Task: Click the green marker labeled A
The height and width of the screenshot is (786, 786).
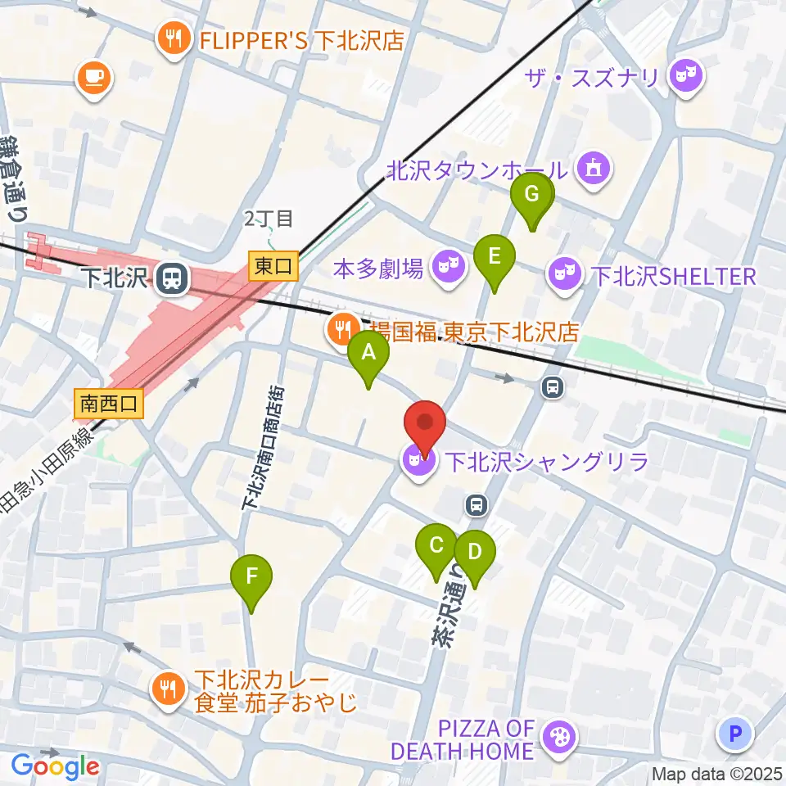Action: tap(368, 355)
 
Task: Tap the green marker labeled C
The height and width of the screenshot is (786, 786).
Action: tap(436, 547)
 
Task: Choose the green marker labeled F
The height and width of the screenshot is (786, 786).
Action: tap(251, 578)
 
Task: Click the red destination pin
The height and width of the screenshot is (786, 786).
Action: tap(425, 425)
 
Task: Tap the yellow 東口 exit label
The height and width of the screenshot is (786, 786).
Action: tap(273, 265)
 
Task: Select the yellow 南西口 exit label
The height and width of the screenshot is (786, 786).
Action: tap(109, 403)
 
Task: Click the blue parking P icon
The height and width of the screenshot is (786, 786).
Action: tap(734, 733)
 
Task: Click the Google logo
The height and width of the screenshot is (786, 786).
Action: tap(56, 767)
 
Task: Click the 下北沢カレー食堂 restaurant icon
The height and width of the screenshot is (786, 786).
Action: tap(169, 689)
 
